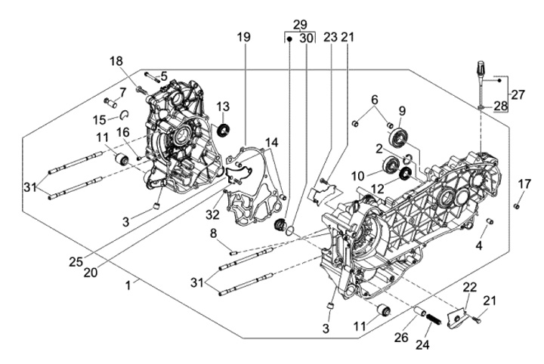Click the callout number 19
(243, 37)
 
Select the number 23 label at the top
(329, 37)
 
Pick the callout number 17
(524, 184)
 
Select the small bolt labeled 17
(517, 205)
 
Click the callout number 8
(214, 232)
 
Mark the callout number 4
(478, 245)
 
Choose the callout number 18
(115, 61)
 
